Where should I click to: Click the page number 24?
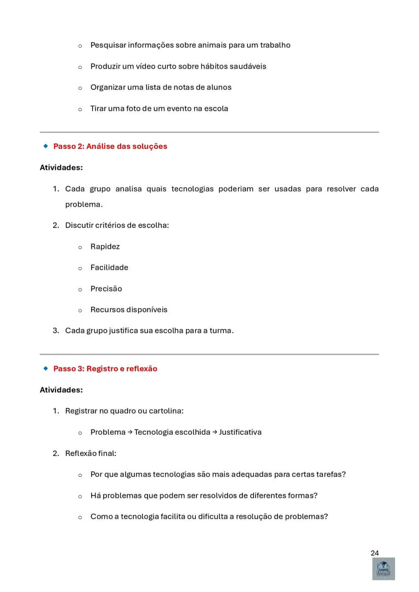click(375, 553)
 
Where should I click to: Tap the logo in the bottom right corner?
click(383, 569)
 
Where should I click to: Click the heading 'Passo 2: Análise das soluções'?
click(110, 146)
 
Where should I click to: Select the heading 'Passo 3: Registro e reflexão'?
click(105, 369)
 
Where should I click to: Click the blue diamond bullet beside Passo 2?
click(46, 146)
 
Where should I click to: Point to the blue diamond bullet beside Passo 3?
click(46, 369)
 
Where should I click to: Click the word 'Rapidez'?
click(105, 247)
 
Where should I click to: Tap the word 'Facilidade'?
click(109, 267)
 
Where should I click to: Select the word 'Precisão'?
click(106, 289)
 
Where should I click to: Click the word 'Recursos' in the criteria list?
click(107, 310)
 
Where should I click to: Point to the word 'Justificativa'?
click(240, 432)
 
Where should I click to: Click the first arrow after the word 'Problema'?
click(130, 432)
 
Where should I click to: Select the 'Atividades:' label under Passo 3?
click(61, 390)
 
